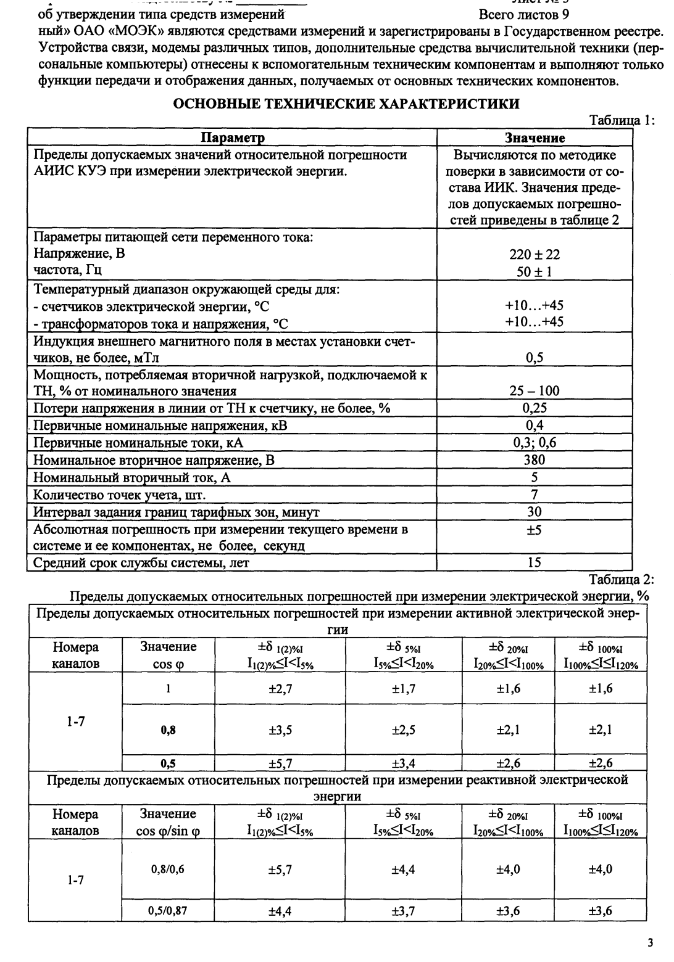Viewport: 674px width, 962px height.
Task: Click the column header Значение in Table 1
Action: click(535, 138)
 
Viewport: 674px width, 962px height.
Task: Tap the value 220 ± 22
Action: click(535, 254)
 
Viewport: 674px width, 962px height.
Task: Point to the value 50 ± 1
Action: click(535, 271)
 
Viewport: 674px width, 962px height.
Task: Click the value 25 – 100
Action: click(535, 390)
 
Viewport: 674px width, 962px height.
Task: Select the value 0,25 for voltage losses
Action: click(535, 408)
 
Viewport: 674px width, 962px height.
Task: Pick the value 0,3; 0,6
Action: click(535, 442)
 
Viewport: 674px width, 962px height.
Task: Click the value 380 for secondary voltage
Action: click(535, 459)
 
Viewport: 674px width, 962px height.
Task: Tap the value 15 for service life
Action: click(535, 562)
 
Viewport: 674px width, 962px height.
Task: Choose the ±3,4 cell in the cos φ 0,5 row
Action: click(404, 764)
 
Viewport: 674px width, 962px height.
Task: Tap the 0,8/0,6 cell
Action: click(168, 869)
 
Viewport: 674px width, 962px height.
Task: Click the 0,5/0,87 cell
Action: click(168, 910)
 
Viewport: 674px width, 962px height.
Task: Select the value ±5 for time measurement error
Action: click(535, 530)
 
